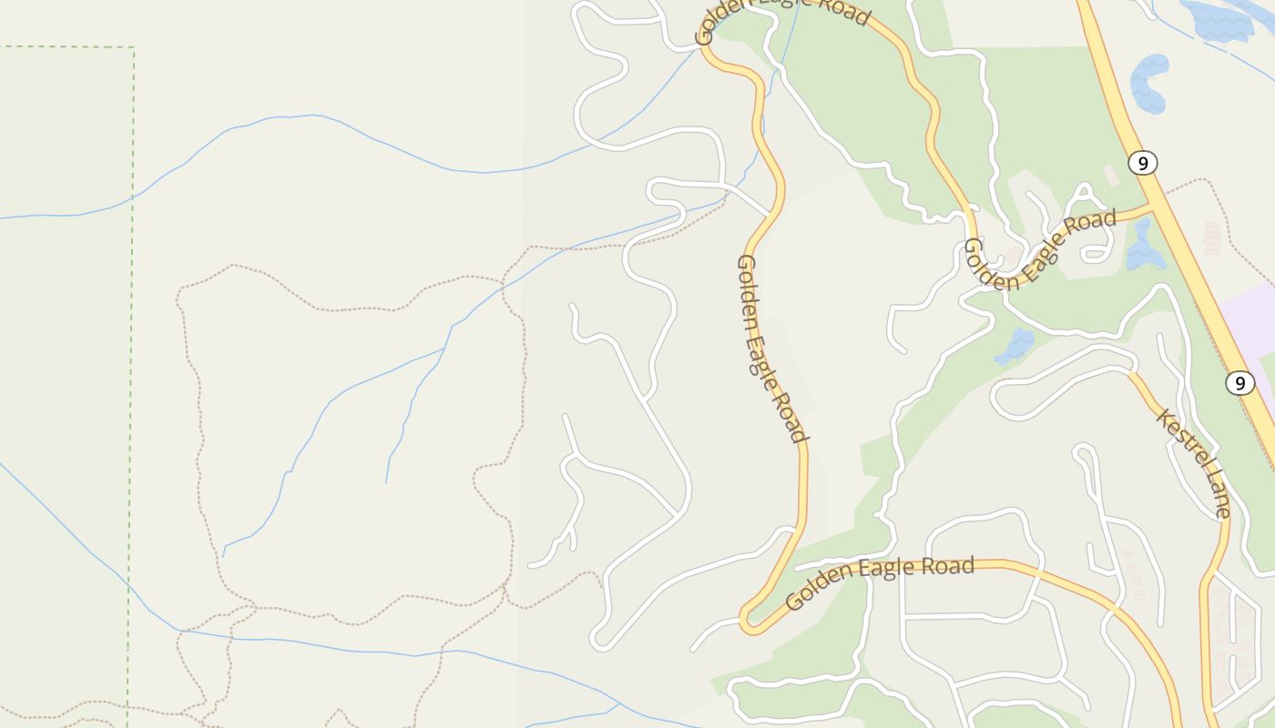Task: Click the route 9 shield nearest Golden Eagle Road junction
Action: click(1142, 163)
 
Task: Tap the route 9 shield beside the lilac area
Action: click(1239, 383)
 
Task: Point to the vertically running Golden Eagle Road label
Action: click(771, 349)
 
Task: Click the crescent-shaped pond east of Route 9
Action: click(1149, 82)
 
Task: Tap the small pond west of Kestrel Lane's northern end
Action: click(1016, 345)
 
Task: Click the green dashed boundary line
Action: click(132, 273)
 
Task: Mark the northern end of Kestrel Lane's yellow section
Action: click(1131, 372)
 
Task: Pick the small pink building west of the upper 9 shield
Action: click(1110, 175)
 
